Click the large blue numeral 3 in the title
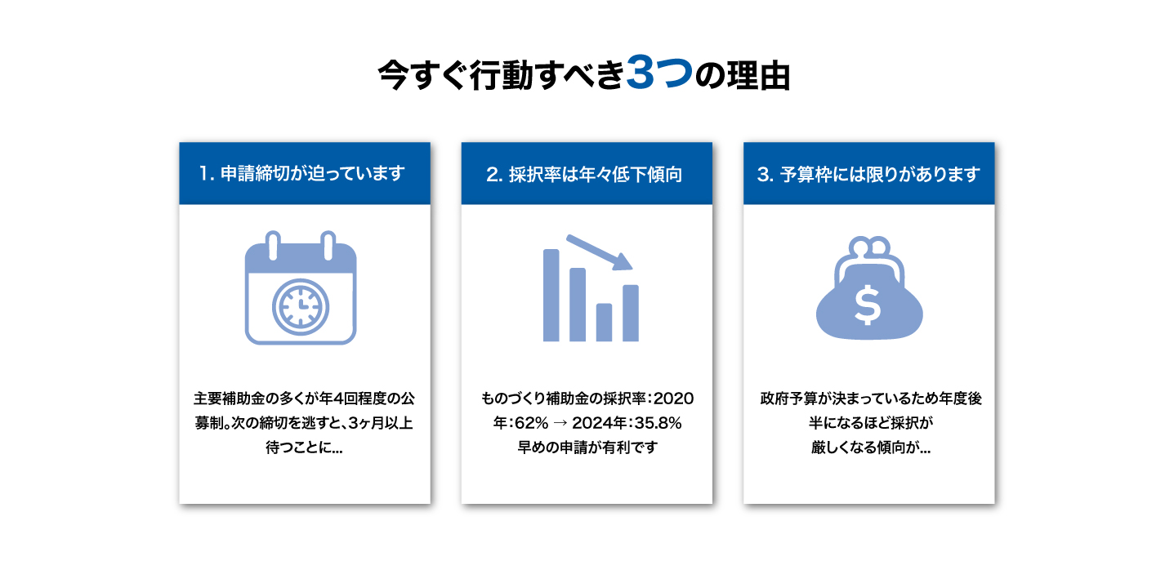click(641, 73)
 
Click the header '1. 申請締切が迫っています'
click(302, 173)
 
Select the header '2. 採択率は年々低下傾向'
click(584, 175)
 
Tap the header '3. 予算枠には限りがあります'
click(868, 175)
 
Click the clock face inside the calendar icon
click(301, 307)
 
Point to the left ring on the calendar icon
click(273, 245)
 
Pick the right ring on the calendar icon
click(328, 245)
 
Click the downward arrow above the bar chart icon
click(600, 252)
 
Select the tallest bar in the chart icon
click(551, 296)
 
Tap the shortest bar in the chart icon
click(605, 323)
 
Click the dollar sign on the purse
click(868, 305)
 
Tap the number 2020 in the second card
click(673, 399)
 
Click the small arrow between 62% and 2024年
click(560, 423)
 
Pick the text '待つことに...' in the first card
click(304, 448)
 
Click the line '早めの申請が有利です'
click(587, 448)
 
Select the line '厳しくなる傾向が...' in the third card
click(871, 448)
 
